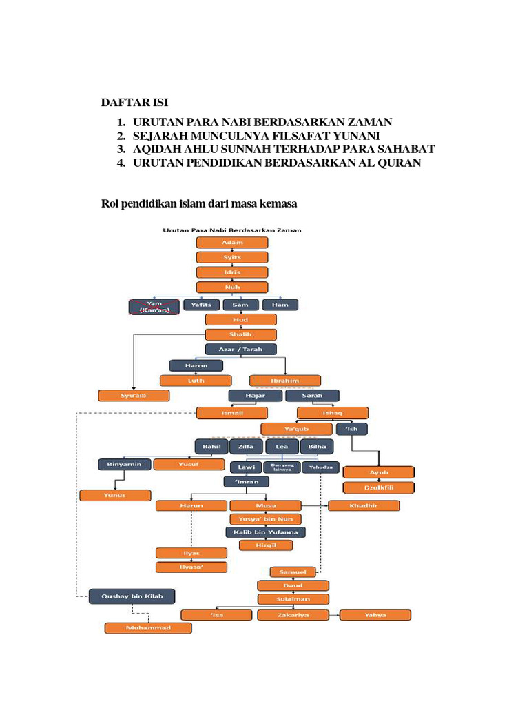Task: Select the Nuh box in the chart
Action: (x=231, y=287)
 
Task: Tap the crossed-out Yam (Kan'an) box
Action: (x=154, y=307)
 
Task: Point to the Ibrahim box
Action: (x=284, y=380)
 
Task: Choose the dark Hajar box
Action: (x=255, y=396)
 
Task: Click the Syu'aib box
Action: (x=133, y=396)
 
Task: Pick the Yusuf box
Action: (x=188, y=464)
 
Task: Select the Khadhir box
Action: (x=363, y=505)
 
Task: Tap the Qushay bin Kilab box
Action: (x=132, y=596)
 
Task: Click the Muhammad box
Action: (x=148, y=628)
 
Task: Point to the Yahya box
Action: (x=375, y=615)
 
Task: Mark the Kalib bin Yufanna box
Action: (x=265, y=532)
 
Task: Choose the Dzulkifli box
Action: (x=379, y=487)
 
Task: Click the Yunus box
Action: (x=115, y=495)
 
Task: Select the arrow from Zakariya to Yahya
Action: (x=333, y=615)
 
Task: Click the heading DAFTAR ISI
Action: (x=134, y=103)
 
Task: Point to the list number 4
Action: (x=121, y=163)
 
